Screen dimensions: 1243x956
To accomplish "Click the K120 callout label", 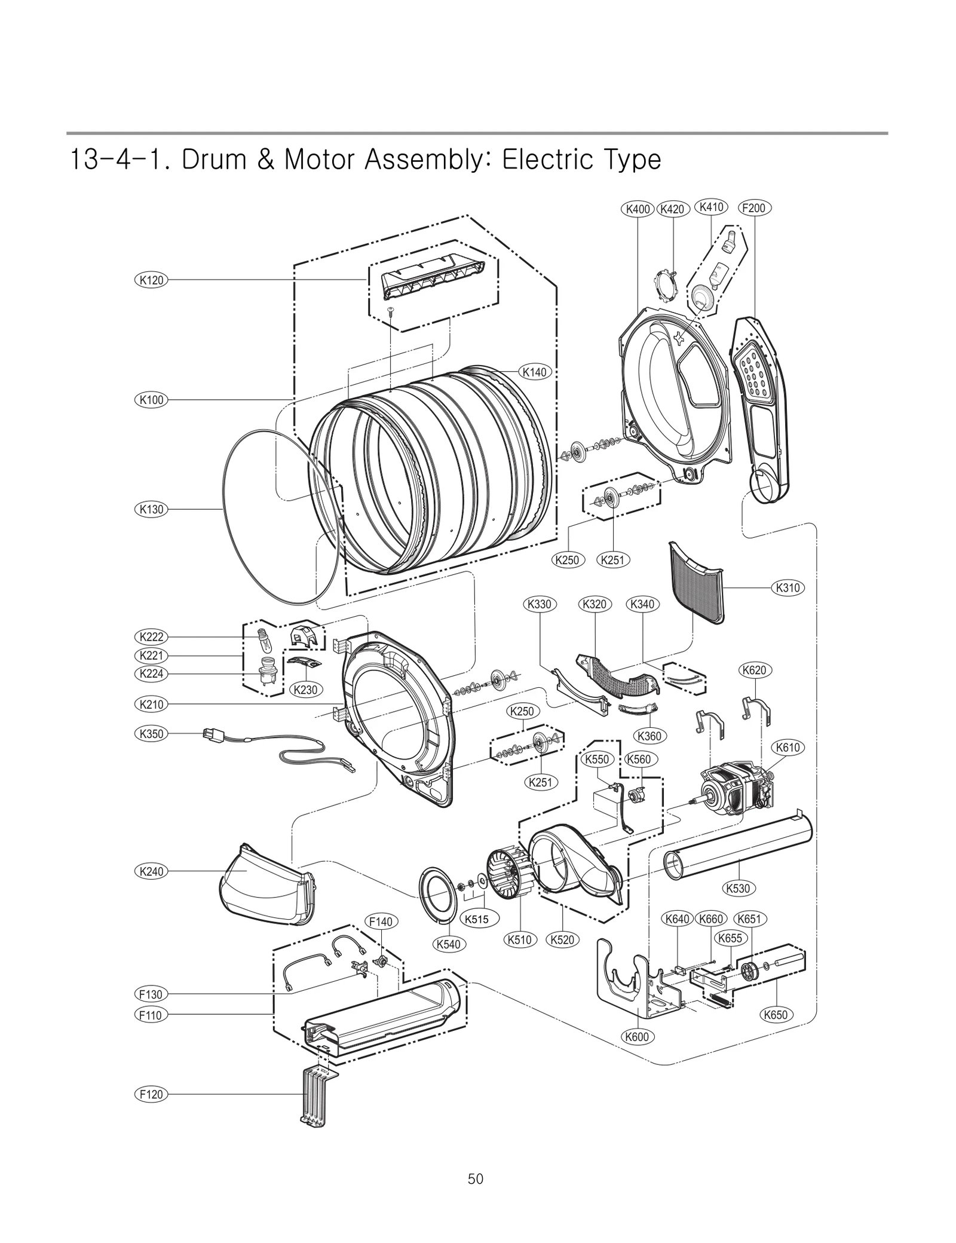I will [x=151, y=280].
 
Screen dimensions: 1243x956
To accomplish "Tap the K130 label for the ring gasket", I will [x=151, y=509].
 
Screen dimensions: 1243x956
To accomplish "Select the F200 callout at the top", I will [x=754, y=209].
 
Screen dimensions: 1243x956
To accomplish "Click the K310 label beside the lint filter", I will [x=788, y=587].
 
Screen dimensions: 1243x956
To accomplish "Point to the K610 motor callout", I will [x=788, y=748].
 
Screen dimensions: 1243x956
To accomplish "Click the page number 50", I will [x=476, y=1179].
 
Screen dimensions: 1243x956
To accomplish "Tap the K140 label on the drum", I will [x=534, y=372].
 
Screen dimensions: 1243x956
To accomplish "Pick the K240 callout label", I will [x=151, y=871].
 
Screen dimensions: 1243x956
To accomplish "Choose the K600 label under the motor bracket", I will [x=636, y=1037].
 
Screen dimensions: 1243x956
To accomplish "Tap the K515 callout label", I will [x=476, y=919].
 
